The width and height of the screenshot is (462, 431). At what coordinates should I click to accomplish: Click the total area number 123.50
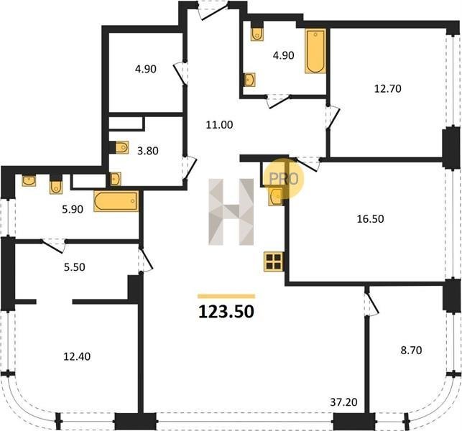226,312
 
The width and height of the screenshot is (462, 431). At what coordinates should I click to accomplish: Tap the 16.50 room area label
370,219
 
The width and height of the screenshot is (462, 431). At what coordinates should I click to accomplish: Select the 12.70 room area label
388,88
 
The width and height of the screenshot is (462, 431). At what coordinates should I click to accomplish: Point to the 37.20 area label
343,402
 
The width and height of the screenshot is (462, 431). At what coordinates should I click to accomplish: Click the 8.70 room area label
411,351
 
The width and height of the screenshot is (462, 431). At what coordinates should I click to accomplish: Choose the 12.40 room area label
77,357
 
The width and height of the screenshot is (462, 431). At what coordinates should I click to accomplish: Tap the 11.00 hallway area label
220,125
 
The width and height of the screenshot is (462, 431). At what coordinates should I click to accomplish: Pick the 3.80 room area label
148,151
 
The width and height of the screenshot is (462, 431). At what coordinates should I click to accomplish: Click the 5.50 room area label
75,267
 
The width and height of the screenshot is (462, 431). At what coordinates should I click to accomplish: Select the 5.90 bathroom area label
73,210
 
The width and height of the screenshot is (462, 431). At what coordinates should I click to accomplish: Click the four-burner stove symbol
274,261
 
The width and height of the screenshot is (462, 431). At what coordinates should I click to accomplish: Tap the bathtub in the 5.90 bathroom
116,201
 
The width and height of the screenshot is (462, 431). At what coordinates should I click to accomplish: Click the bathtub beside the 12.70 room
315,51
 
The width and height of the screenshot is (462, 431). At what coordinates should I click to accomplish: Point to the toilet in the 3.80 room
121,147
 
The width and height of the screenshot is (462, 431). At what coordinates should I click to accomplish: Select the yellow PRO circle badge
283,179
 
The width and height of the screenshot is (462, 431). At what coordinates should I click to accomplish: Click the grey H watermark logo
231,212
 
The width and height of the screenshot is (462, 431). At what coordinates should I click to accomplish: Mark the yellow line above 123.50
226,297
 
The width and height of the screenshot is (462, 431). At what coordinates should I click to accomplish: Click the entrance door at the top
213,10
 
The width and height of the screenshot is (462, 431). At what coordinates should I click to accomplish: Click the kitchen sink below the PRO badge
276,197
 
